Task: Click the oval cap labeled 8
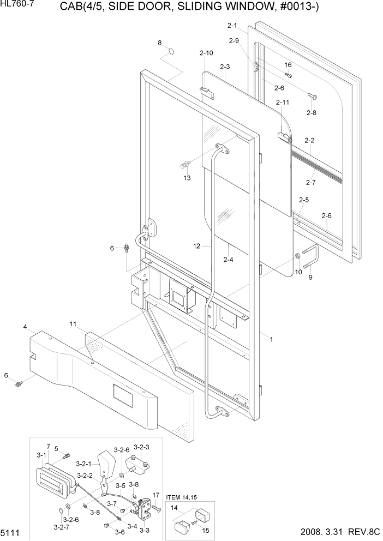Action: [x=171, y=52]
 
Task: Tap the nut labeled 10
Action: [x=298, y=256]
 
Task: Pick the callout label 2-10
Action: [x=206, y=53]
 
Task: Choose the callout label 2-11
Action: [x=283, y=102]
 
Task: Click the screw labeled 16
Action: [x=289, y=75]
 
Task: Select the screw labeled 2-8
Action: [x=312, y=97]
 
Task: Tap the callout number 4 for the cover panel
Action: [x=25, y=327]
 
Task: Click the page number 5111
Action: [x=11, y=532]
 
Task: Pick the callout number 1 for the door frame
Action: [x=271, y=339]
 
